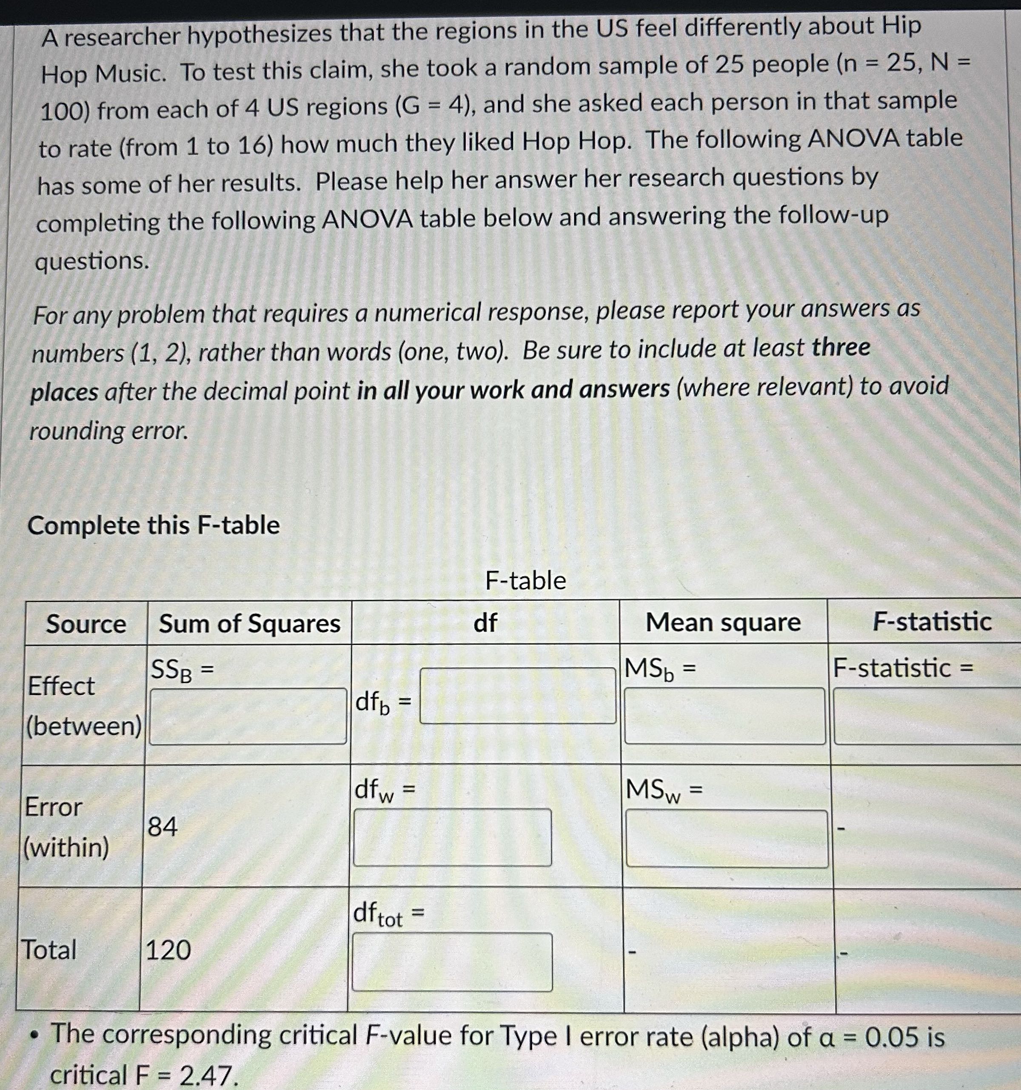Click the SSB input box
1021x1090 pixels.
point(248,716)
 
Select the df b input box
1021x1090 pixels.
point(518,695)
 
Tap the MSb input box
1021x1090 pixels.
point(724,716)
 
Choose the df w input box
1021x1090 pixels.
point(452,837)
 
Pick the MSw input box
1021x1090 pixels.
point(727,839)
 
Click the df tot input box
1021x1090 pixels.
point(452,962)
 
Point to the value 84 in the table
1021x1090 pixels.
point(163,826)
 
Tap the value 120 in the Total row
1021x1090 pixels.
point(168,950)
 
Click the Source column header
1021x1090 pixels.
point(86,624)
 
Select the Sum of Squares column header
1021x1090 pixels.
point(249,623)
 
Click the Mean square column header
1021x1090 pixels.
point(723,622)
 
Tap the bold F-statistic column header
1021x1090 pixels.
point(932,621)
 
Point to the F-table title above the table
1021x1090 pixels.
point(525,580)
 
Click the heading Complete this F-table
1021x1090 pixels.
point(154,525)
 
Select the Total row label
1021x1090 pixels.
point(49,950)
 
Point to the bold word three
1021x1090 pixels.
point(841,347)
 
